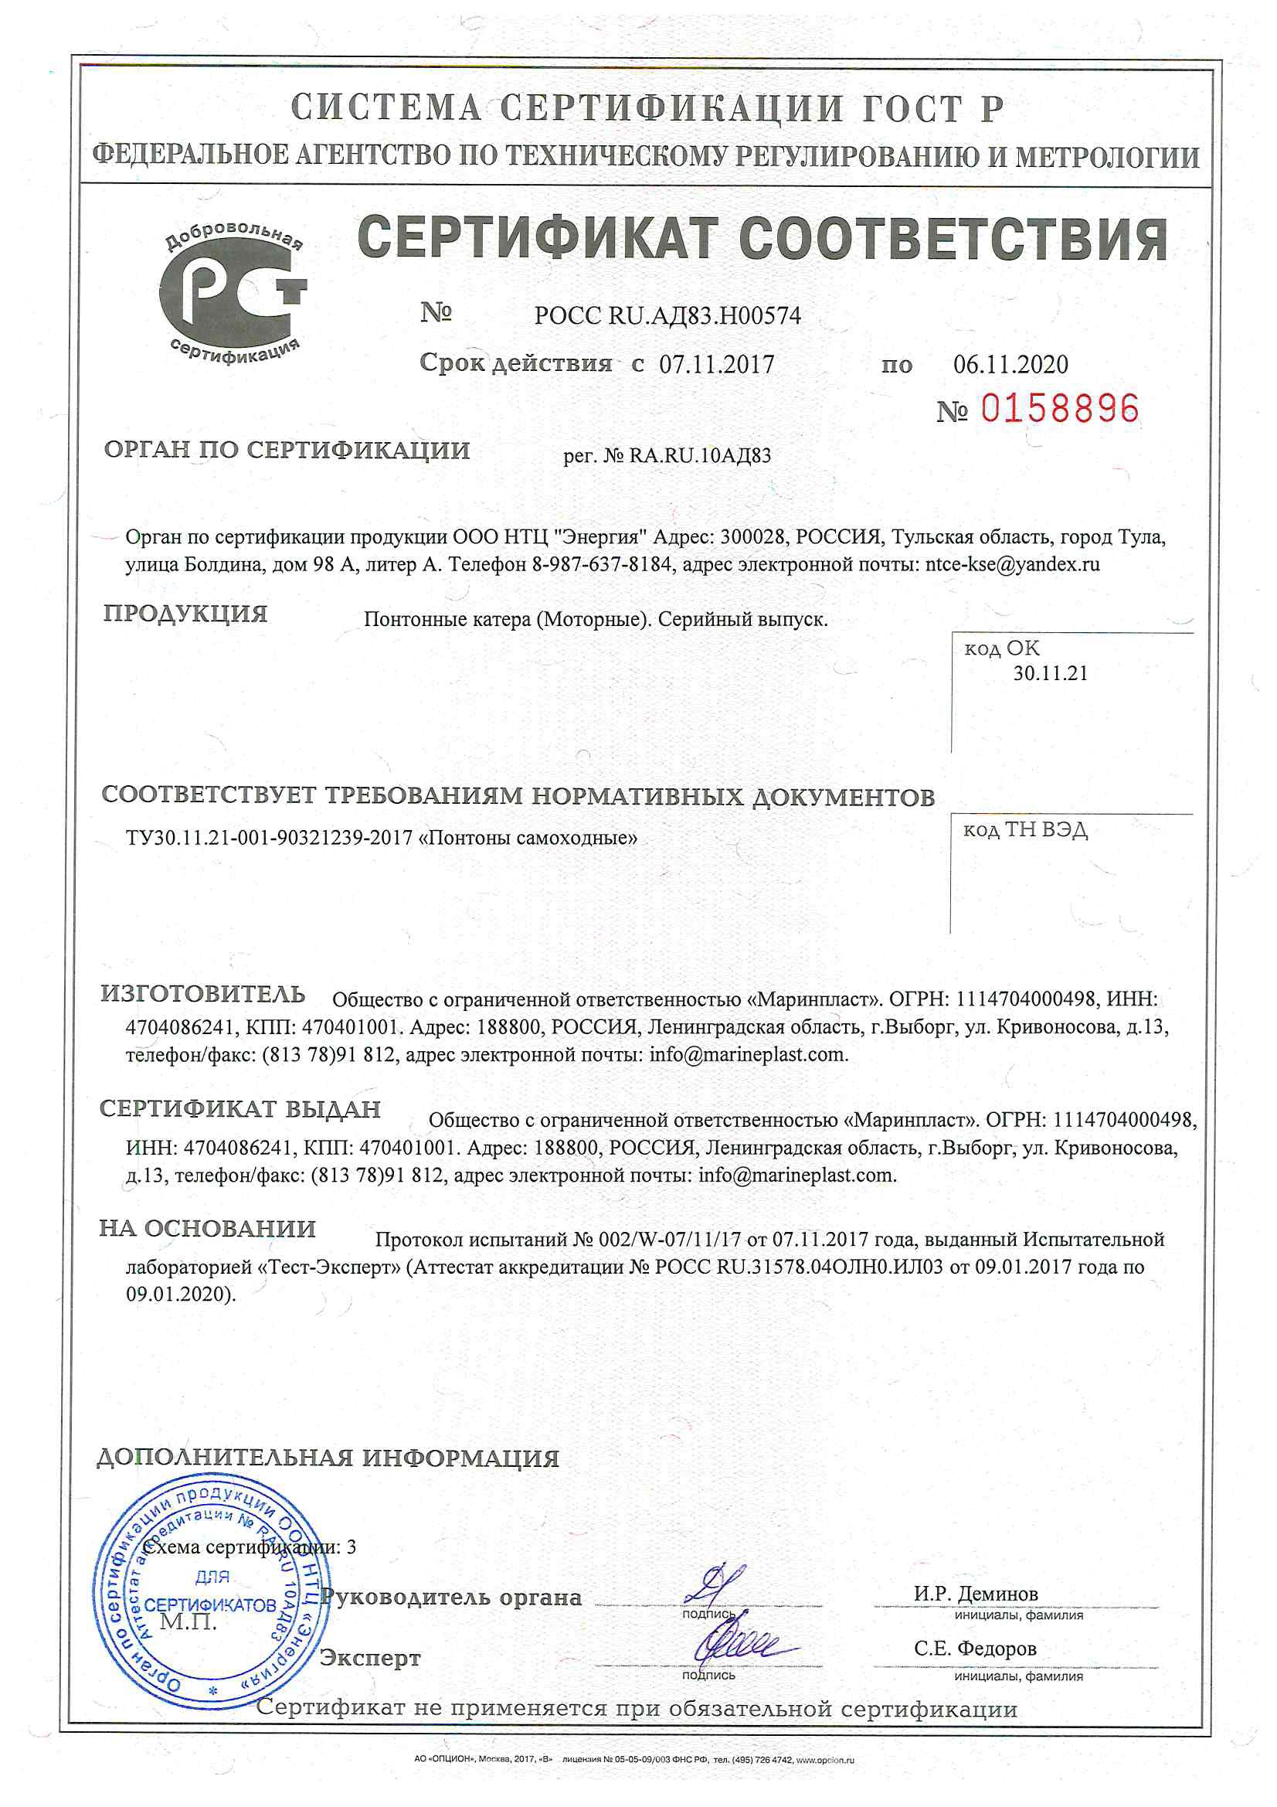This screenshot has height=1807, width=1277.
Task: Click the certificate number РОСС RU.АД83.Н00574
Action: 667,315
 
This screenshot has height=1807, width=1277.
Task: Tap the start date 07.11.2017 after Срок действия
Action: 716,363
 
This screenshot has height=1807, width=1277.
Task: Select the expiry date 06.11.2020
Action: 1010,363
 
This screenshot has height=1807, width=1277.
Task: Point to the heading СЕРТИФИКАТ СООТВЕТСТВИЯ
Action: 762,239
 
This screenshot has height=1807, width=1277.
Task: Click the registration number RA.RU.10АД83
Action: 699,456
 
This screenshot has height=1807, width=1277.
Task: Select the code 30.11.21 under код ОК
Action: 1050,673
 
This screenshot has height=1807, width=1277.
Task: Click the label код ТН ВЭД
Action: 1025,830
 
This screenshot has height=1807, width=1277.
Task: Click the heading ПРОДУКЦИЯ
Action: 185,614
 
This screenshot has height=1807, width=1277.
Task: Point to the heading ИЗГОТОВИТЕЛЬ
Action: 203,994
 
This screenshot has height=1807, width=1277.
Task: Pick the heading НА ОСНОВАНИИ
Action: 208,1229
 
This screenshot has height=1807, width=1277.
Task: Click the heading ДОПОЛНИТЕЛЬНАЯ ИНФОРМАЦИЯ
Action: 328,1458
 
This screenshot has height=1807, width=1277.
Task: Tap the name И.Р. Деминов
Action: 976,1594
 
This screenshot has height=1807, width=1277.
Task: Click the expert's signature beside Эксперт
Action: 739,1641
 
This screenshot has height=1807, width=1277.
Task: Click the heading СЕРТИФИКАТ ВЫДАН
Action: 240,1109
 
